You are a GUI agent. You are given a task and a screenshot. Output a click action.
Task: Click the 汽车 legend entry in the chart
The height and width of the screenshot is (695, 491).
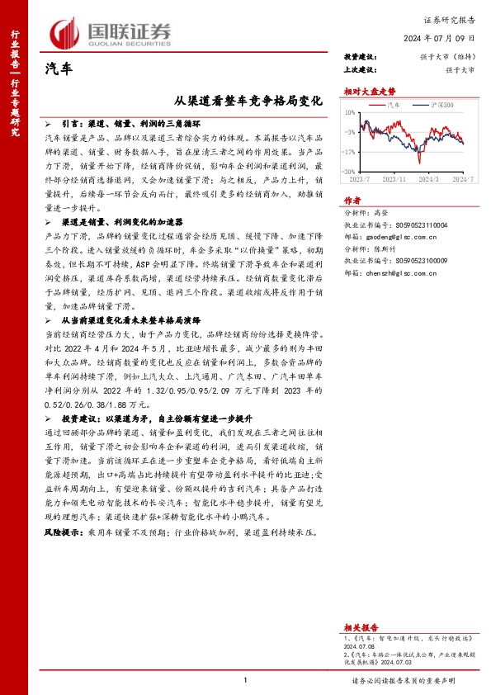[x=395, y=106]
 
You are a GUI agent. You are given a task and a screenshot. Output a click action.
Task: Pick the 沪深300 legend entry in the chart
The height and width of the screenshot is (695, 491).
[x=441, y=106]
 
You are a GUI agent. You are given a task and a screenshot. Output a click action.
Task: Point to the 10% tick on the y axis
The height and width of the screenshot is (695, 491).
[x=350, y=112]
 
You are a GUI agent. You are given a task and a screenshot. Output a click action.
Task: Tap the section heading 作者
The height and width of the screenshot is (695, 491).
[x=352, y=200]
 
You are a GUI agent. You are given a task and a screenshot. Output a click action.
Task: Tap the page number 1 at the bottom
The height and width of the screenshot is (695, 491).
[x=246, y=680]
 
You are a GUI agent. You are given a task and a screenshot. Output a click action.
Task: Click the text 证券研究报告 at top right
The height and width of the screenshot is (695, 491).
[x=450, y=17]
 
